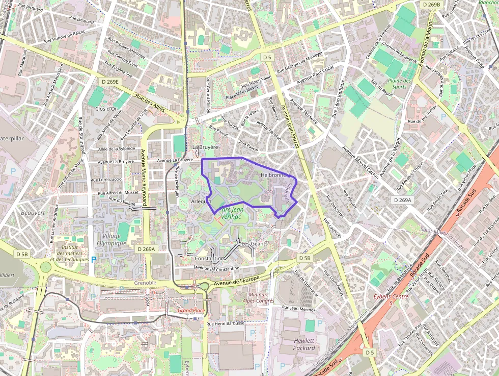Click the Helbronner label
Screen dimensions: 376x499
[274, 174]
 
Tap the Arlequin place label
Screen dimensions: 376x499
[201, 202]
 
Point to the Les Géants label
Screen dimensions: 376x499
[255, 244]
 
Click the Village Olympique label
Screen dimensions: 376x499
[111, 240]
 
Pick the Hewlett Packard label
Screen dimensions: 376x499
[304, 344]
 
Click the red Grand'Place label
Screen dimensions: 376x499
[191, 310]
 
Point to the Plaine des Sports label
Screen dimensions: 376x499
[399, 84]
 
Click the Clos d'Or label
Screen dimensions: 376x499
[106, 109]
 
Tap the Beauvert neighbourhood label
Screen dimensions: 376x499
[33, 212]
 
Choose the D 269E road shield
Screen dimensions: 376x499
[109, 82]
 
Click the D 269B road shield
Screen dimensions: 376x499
[431, 4]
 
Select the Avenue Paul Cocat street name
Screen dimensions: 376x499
[315, 74]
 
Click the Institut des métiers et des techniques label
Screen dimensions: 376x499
[68, 253]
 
